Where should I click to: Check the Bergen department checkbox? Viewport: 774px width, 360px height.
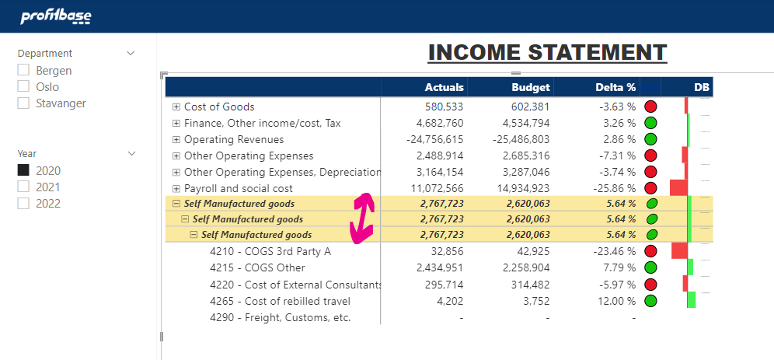23,71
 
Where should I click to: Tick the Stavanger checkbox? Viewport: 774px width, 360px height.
23,103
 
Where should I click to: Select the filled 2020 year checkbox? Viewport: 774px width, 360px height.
23,170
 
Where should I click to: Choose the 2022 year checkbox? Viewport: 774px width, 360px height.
23,204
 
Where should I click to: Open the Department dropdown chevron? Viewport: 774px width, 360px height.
131,54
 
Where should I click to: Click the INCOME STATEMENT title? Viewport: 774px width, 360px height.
547,53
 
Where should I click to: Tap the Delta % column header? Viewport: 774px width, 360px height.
615,87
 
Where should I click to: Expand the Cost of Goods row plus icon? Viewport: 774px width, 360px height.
176,107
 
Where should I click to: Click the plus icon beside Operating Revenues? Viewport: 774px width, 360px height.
176,140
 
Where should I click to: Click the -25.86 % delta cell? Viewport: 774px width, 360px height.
612,189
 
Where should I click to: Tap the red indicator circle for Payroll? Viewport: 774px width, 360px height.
651,189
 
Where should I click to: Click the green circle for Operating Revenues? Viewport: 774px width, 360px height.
651,140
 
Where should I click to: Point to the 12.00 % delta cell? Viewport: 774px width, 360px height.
615,301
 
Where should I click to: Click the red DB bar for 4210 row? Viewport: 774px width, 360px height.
679,250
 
